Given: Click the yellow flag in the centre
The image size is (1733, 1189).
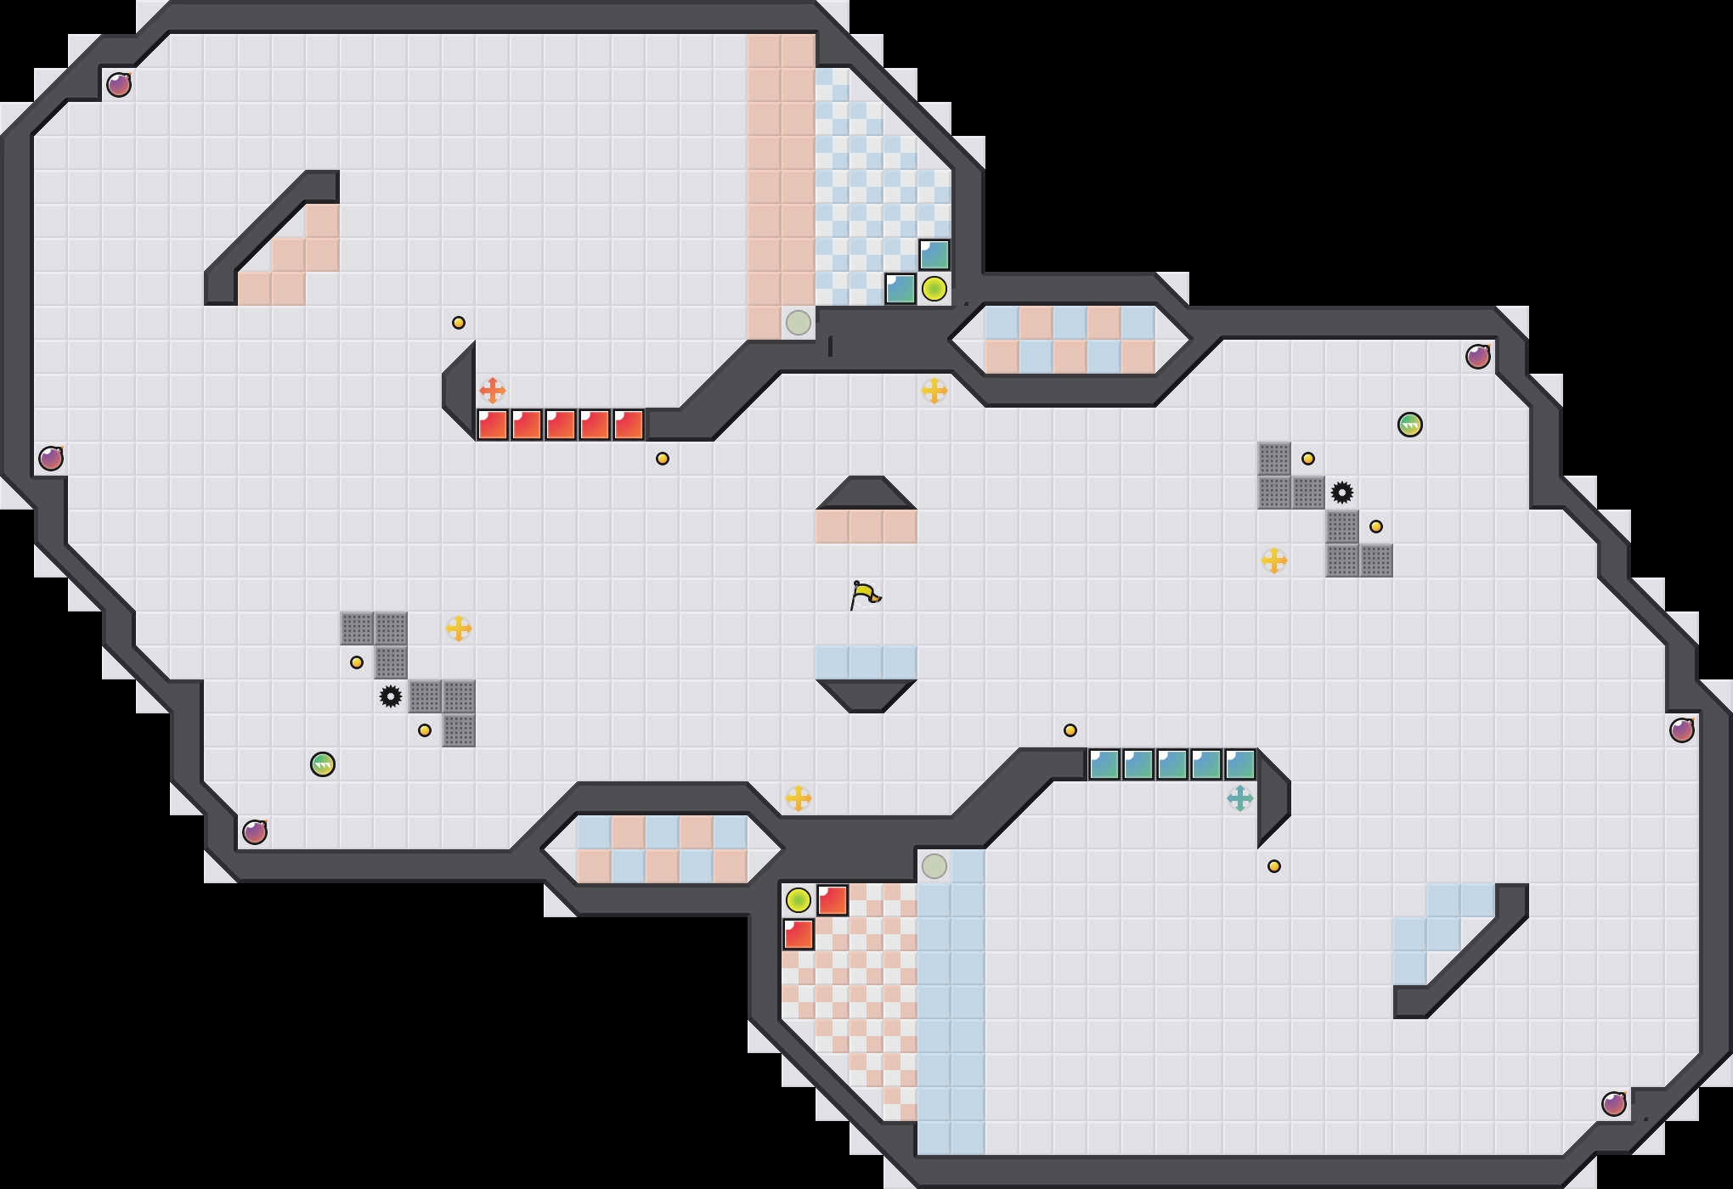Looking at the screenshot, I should click(865, 594).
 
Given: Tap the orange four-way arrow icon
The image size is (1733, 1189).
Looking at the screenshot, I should click(493, 391).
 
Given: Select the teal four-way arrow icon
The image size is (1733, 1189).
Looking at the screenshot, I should click(1240, 798).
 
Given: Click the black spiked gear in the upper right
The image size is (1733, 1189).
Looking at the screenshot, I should click(1342, 493).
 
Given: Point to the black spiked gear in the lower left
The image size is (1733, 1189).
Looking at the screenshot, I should click(391, 696).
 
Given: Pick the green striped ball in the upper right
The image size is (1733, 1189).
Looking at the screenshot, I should click(1410, 425).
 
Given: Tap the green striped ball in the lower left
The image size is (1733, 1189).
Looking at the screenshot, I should click(323, 764).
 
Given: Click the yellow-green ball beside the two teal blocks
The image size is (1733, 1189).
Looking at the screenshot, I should click(934, 289).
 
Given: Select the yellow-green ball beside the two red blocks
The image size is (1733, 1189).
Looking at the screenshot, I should click(799, 900).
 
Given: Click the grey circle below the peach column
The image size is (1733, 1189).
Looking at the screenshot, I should click(799, 323).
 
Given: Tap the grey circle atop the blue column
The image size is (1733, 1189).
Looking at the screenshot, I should click(934, 866).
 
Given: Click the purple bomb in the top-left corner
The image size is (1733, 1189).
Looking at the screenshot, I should click(119, 85).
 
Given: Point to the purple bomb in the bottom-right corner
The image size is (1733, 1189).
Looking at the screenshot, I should click(1614, 1104).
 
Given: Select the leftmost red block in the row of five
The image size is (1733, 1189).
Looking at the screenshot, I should click(493, 425).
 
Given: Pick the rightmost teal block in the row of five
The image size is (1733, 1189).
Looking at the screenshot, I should click(1240, 764).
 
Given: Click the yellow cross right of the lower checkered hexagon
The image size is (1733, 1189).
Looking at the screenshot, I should click(799, 798).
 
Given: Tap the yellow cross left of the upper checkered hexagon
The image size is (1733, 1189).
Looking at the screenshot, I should click(934, 391).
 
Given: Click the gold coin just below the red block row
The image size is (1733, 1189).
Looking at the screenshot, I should click(663, 459).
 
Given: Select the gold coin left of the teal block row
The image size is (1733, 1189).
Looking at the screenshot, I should click(1070, 730).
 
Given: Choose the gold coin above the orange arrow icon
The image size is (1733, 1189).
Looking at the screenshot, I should click(459, 323).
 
